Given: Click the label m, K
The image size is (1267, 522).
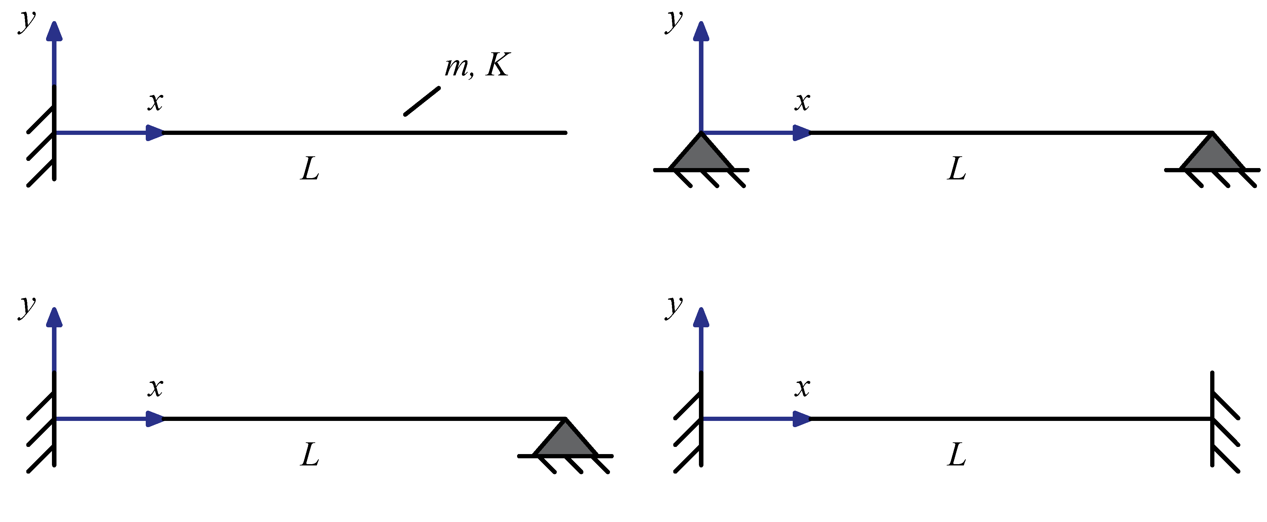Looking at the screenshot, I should (x=477, y=65).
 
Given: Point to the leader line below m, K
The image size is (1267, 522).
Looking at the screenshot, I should (x=422, y=101).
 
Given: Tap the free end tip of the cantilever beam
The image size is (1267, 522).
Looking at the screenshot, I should (x=565, y=133).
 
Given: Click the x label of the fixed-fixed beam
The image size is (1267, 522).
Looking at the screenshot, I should (x=802, y=387).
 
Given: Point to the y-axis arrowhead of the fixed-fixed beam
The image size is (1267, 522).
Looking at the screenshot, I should (x=701, y=318).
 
